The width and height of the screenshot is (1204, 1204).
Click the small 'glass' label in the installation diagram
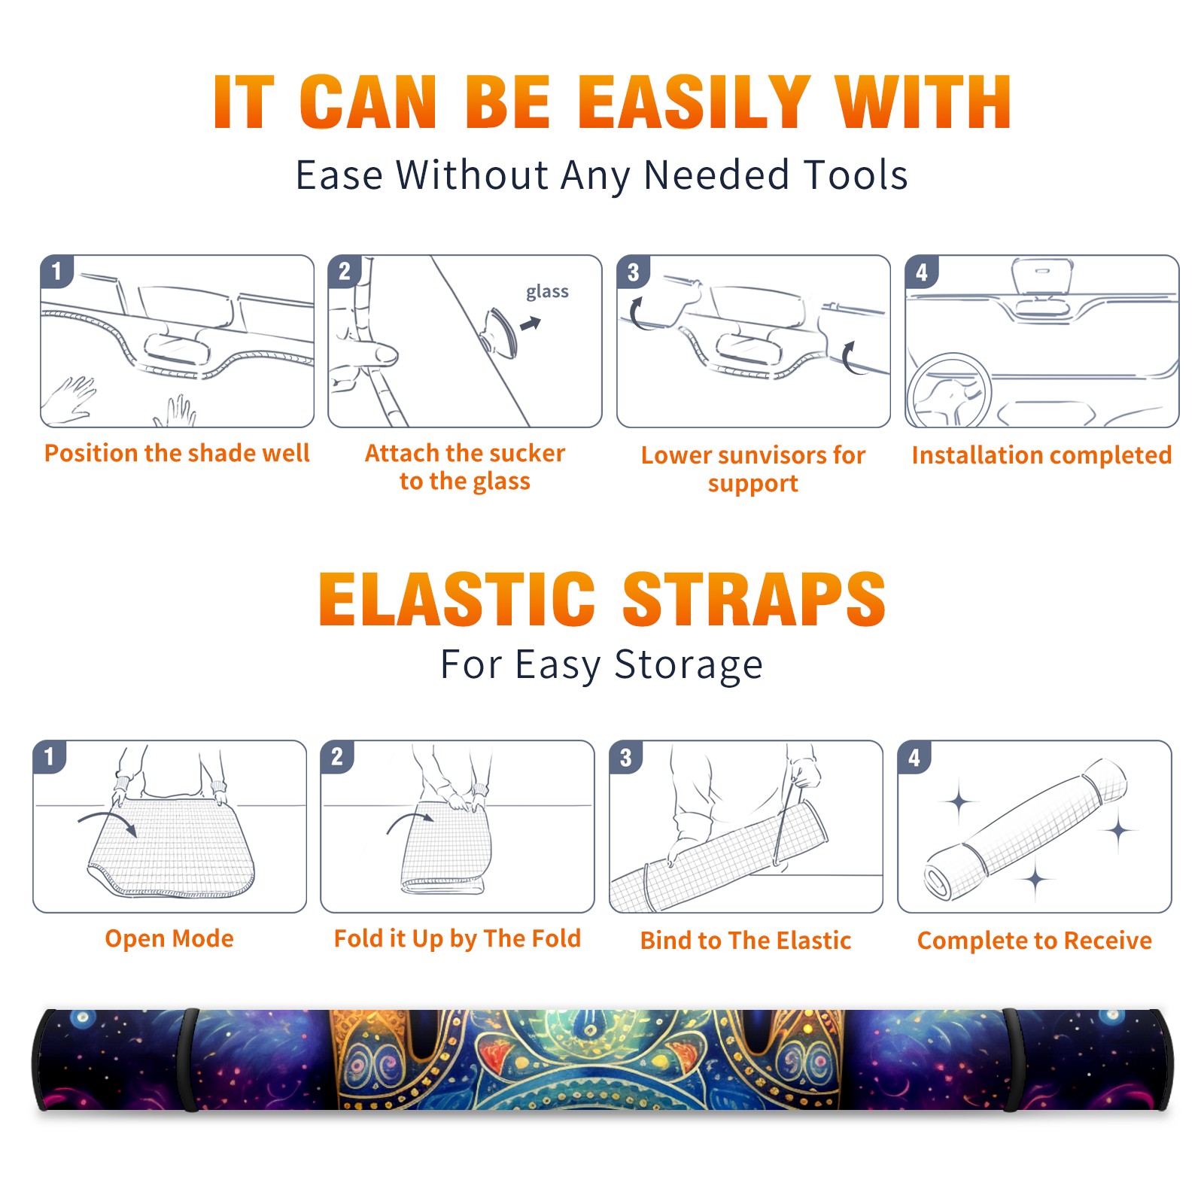(x=547, y=291)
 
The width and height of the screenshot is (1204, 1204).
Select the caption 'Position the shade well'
(x=177, y=453)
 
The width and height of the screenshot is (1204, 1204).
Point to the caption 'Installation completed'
(x=1041, y=455)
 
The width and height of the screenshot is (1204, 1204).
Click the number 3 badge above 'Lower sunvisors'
(x=633, y=272)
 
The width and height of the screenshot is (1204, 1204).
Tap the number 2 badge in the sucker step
(x=345, y=271)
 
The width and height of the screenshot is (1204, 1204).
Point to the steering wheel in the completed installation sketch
(x=949, y=391)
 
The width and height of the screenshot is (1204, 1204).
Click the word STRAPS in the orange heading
(x=755, y=599)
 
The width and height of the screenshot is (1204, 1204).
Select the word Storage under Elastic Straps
(x=689, y=665)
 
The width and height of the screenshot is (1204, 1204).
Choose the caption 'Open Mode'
(x=169, y=938)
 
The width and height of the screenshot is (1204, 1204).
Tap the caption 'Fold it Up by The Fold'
(x=458, y=938)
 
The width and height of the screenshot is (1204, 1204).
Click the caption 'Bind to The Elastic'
(x=746, y=941)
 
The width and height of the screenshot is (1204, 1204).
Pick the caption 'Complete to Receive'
(x=1035, y=941)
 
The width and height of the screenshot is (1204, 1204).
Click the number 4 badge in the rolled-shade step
(x=914, y=757)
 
